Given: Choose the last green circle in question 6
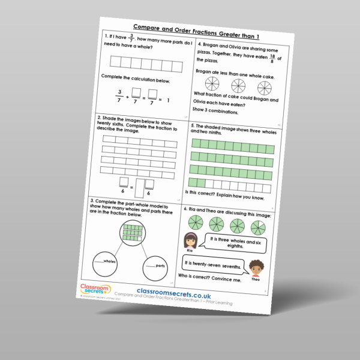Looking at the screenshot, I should tap(258, 227).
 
